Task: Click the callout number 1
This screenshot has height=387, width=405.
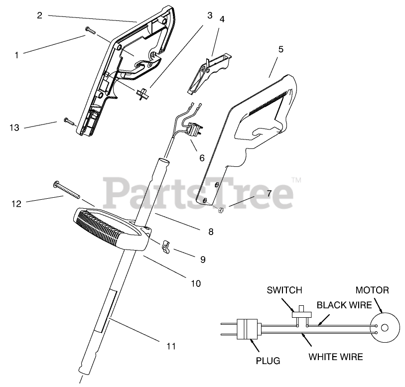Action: tap(16, 55)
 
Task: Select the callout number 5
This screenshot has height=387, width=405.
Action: tap(281, 49)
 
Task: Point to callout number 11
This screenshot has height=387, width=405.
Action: tap(171, 346)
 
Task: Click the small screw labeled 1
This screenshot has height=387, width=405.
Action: tap(90, 30)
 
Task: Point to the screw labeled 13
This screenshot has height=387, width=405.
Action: tap(68, 121)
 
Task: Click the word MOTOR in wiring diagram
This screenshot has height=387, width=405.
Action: tap(372, 290)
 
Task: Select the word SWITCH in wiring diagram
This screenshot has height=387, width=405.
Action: tap(284, 290)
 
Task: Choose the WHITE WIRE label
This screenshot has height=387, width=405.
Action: tap(335, 357)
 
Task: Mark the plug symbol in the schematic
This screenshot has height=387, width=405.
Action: tap(248, 329)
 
